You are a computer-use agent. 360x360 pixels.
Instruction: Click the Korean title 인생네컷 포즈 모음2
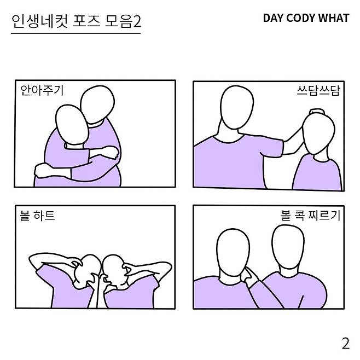click(x=76, y=21)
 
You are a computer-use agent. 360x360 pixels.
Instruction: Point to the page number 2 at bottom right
click(x=346, y=344)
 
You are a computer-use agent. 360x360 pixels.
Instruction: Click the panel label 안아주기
click(x=42, y=90)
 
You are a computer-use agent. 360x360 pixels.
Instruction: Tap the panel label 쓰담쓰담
click(x=318, y=90)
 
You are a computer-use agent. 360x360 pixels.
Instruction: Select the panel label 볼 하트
click(x=37, y=216)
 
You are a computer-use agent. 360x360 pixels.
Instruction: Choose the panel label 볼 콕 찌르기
click(x=310, y=216)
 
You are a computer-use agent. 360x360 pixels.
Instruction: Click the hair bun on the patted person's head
click(x=317, y=112)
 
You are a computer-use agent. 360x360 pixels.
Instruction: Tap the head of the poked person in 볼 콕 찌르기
click(x=233, y=251)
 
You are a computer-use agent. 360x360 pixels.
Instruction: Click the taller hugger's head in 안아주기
click(x=97, y=104)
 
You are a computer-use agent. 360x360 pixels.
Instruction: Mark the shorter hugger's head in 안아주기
click(x=72, y=125)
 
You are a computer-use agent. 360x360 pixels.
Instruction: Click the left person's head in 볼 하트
click(x=89, y=268)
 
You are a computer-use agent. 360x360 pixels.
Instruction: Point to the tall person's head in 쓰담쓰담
click(x=237, y=107)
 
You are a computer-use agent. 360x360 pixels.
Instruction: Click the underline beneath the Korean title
click(x=76, y=33)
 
